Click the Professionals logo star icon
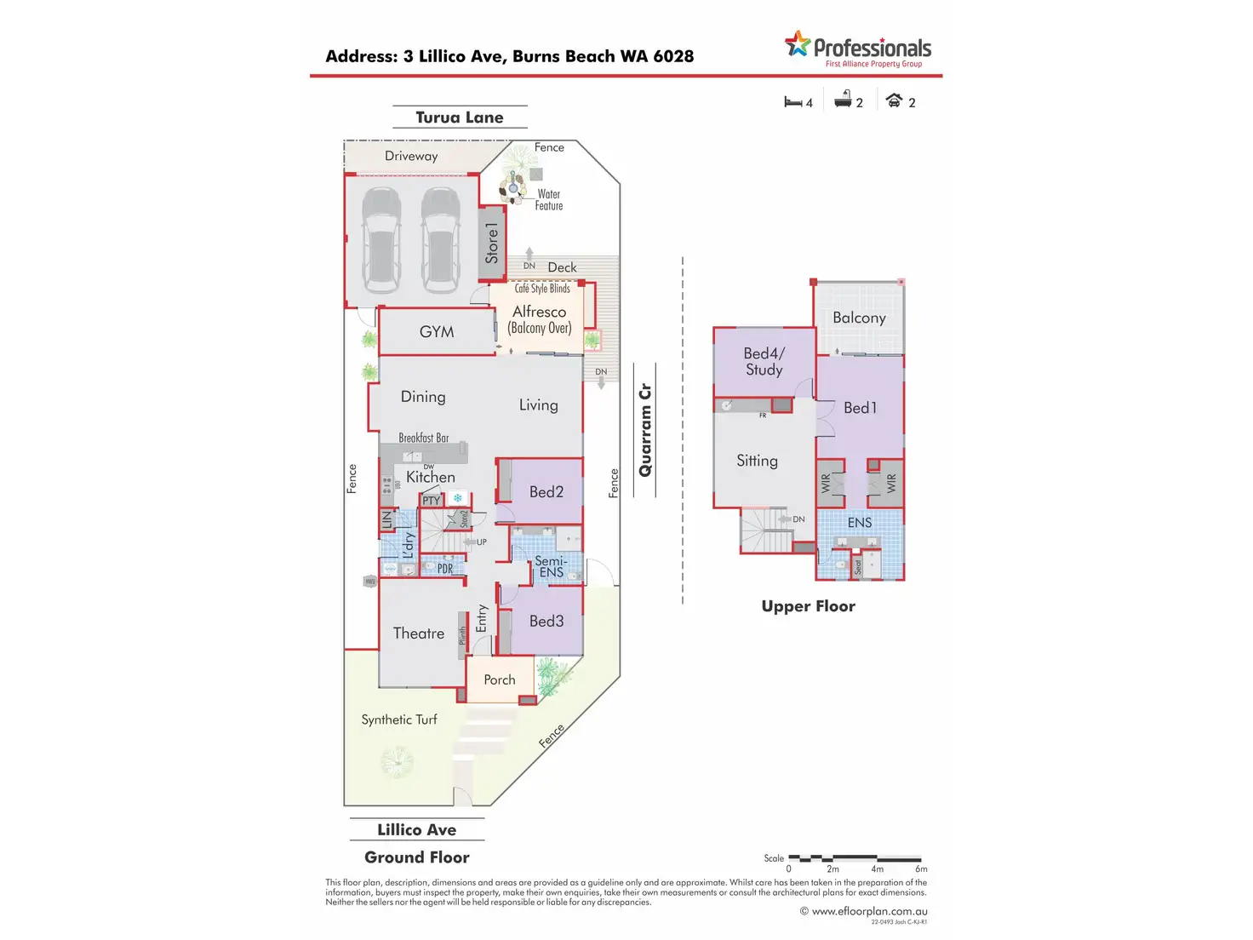[798, 43]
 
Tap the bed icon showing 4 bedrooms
[792, 102]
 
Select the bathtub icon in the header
[843, 100]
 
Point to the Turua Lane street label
[460, 117]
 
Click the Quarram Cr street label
[645, 430]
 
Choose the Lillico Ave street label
[417, 830]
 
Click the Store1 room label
[492, 243]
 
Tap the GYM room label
[437, 332]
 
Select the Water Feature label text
[549, 200]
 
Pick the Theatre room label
[419, 633]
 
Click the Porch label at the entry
[500, 680]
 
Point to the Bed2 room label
[546, 492]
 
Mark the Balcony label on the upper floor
[859, 318]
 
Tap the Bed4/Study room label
[764, 361]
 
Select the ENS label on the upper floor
[860, 523]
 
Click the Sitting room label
[758, 461]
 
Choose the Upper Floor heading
[809, 606]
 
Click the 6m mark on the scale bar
[921, 868]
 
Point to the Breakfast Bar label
[424, 438]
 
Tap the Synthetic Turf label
[399, 719]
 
